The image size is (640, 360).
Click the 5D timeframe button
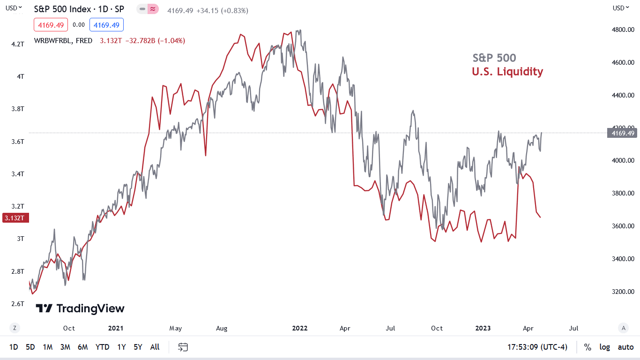coord(30,347)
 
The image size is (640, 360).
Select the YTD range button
coord(102,347)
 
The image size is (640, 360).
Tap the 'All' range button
coord(155,347)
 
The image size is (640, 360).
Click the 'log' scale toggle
coord(605,347)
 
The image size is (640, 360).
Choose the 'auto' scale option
coord(625,347)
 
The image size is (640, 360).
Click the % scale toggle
coord(588,347)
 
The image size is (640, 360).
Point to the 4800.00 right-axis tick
coord(623,30)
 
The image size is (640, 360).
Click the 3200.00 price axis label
coord(623,292)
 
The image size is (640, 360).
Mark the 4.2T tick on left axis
coord(18,44)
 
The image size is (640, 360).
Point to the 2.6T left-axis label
coord(18,304)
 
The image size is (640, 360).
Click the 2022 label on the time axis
coord(300,328)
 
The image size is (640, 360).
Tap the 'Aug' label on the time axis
coord(222,328)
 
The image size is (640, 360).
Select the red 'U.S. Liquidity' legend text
coord(507,72)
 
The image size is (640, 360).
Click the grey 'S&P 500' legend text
coord(494,58)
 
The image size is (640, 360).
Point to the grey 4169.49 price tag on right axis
coord(622,134)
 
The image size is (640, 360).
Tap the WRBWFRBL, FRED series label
coord(63,41)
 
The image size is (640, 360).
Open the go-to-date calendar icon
coord(183,347)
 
